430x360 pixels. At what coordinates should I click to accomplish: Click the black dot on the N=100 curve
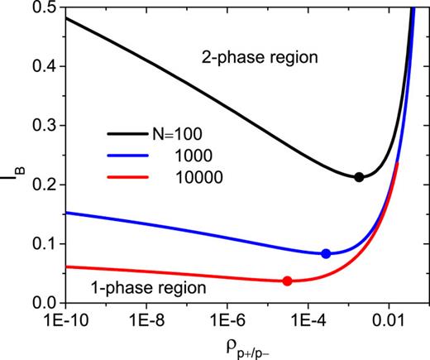pos(359,177)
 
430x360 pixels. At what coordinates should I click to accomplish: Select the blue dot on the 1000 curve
pos(326,253)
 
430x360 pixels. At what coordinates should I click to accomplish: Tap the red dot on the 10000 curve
pos(287,281)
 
